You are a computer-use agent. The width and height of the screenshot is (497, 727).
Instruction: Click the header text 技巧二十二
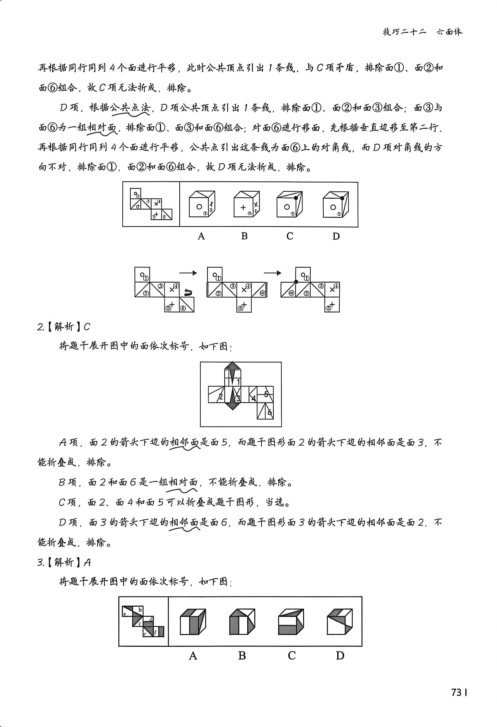tap(404, 32)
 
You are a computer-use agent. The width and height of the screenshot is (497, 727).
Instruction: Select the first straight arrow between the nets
tap(188, 273)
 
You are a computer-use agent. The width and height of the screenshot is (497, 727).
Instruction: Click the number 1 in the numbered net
tap(238, 381)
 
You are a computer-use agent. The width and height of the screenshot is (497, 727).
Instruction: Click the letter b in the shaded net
tap(140, 610)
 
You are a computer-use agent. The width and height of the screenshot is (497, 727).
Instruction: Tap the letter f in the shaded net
tap(155, 632)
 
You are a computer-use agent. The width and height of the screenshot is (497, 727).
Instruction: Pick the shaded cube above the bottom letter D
tap(340, 622)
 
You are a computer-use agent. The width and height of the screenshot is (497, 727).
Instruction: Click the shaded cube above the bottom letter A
tap(193, 622)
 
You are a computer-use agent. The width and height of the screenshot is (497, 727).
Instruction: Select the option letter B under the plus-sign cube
tap(244, 236)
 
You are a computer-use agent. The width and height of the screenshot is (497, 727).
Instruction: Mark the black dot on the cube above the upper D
tap(342, 198)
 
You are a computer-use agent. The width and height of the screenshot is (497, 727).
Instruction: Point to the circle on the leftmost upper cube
tap(199, 207)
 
